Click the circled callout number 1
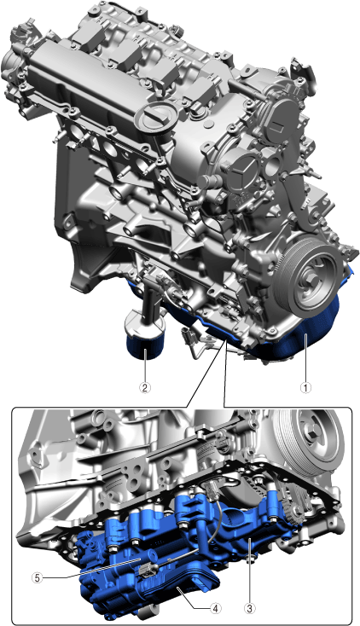coord(305,387)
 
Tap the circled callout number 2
coord(145,387)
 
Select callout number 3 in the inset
coord(250,608)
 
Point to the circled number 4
coord(215,608)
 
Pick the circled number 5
coord(38,577)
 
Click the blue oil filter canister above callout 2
coord(145,346)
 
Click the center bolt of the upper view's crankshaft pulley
coord(310,275)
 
